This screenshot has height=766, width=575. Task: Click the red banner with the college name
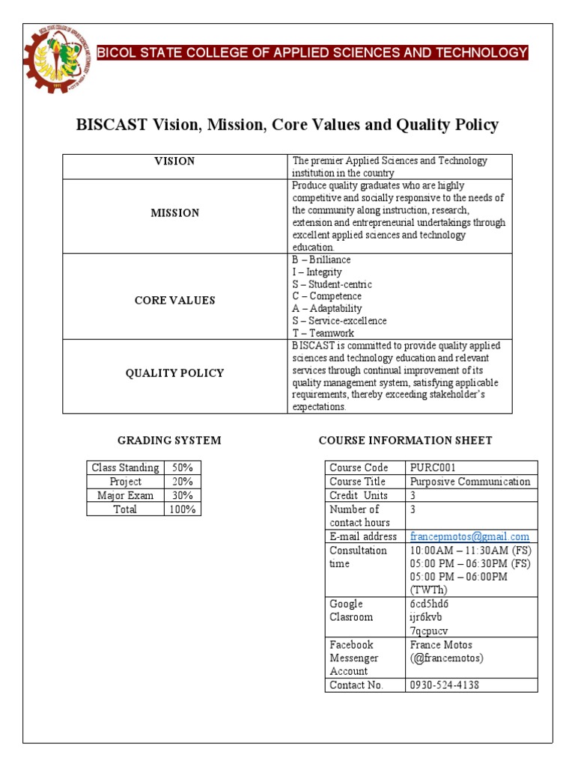[313, 52]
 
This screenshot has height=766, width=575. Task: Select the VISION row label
[174, 161]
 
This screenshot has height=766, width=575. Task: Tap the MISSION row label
[174, 213]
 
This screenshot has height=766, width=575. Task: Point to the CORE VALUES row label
[174, 300]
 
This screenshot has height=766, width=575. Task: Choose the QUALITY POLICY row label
[174, 373]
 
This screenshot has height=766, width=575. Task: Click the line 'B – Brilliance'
[321, 260]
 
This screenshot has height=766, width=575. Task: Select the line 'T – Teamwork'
[323, 333]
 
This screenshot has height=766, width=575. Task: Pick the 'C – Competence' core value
[326, 296]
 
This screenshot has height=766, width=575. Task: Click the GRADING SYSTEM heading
[169, 440]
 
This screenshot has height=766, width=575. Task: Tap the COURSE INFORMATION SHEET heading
[405, 440]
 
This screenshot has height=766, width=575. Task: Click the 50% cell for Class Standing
[182, 468]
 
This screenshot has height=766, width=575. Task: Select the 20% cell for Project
[182, 482]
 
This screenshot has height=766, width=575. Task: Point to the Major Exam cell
[125, 495]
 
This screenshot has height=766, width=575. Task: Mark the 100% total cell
[182, 509]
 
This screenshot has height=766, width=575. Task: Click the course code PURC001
[433, 468]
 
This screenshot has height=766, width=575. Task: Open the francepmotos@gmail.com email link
[469, 536]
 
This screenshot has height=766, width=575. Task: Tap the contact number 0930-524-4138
[445, 684]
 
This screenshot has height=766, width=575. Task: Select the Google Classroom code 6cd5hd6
[429, 604]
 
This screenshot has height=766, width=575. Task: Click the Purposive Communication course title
[469, 482]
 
